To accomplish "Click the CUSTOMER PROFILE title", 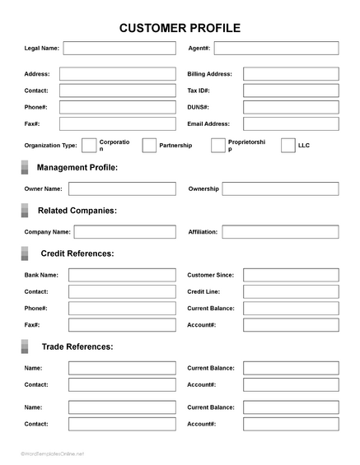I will pos(180,28).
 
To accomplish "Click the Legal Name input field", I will pos(119,49).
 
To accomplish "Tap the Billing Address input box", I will pos(290,74).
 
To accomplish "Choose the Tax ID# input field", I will pos(290,91).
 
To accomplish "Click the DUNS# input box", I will pos(290,107).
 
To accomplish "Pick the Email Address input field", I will pos(290,123).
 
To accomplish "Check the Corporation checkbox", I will pos(89,146).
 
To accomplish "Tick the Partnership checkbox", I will pos(149,146).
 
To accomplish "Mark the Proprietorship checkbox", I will pos(218,146).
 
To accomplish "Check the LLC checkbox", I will pos(288,146).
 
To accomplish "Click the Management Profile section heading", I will pos(77,168).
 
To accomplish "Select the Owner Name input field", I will pos(122,188).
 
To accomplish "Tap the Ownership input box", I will pos(280,188).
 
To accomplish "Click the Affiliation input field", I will pos(280,232).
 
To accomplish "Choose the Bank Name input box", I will pos(122,275).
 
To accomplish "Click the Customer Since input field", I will pos(290,275).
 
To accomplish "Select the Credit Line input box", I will pos(290,291).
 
